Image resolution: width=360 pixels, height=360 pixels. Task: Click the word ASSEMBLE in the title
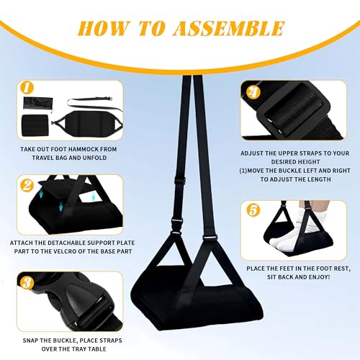229,28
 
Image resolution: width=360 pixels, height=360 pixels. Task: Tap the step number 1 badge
27,87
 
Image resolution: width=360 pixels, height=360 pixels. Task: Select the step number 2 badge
27,185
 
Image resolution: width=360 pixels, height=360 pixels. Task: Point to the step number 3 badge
27,282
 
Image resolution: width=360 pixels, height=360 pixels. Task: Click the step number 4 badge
253,92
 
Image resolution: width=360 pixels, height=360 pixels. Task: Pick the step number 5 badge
253,210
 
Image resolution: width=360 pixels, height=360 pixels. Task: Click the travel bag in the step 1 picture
37,103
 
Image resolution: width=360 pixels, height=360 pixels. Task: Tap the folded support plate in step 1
35,125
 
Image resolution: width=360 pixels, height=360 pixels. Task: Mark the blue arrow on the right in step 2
93,197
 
